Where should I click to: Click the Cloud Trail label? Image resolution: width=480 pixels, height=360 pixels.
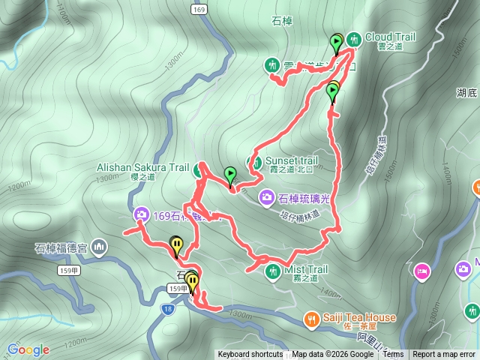(391, 37)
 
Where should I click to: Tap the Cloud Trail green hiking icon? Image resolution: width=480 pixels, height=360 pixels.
(352, 38)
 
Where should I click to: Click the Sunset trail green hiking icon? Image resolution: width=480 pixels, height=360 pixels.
(255, 162)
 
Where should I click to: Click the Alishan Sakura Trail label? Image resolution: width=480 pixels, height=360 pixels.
(142, 168)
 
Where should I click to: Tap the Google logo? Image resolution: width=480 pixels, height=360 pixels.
(28, 349)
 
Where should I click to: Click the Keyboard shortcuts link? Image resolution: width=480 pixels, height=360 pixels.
(250, 355)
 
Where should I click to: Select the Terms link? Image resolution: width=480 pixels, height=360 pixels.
(393, 355)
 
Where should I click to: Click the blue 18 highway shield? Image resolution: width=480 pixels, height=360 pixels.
(167, 307)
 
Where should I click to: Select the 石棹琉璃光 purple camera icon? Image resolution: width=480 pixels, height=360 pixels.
(266, 197)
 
